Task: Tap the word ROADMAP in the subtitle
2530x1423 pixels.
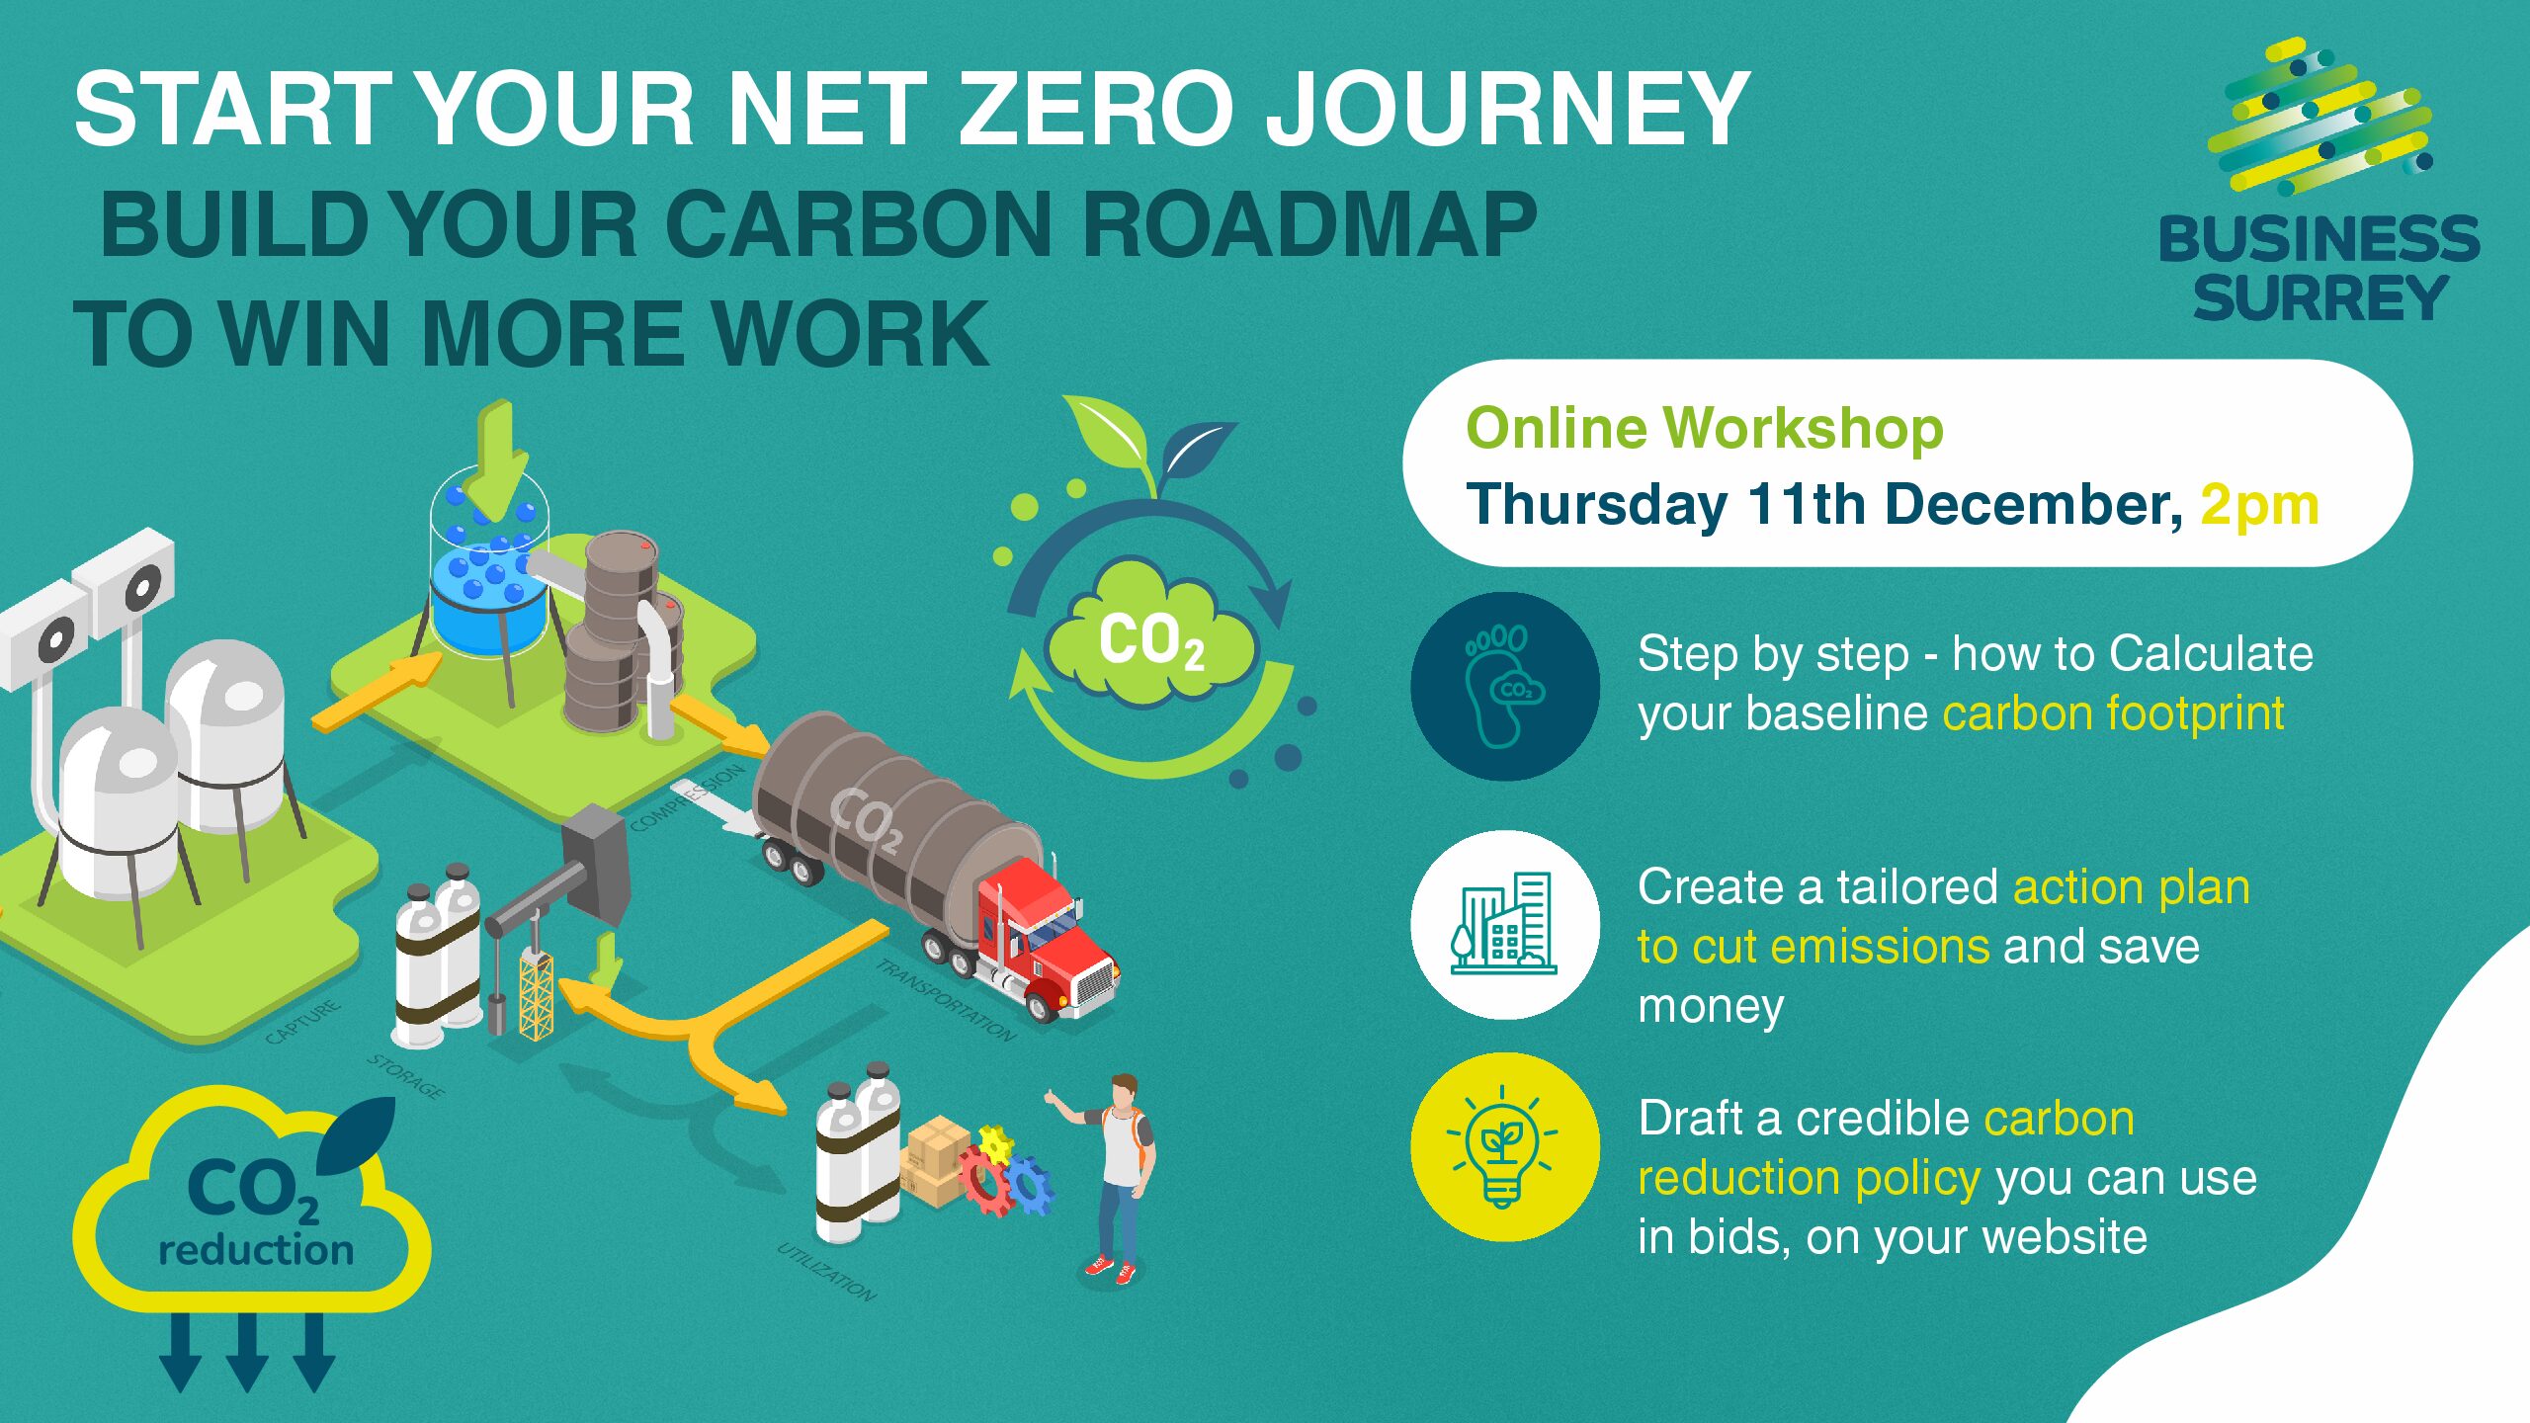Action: point(1309,224)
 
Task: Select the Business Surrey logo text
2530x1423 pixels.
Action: point(2319,269)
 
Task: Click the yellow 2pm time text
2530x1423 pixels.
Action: point(2259,505)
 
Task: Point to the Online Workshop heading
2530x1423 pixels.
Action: point(1705,428)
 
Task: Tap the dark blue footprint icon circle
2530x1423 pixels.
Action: point(1504,687)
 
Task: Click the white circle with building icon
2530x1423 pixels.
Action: point(1504,924)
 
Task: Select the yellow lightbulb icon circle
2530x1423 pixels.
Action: point(1504,1147)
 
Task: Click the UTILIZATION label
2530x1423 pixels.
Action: point(826,1272)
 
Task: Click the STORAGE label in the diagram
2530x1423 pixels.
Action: point(406,1076)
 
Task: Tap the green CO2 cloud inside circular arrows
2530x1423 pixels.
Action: point(1150,641)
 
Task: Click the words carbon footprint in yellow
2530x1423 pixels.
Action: point(2113,713)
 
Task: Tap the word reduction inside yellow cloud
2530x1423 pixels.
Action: point(256,1250)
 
